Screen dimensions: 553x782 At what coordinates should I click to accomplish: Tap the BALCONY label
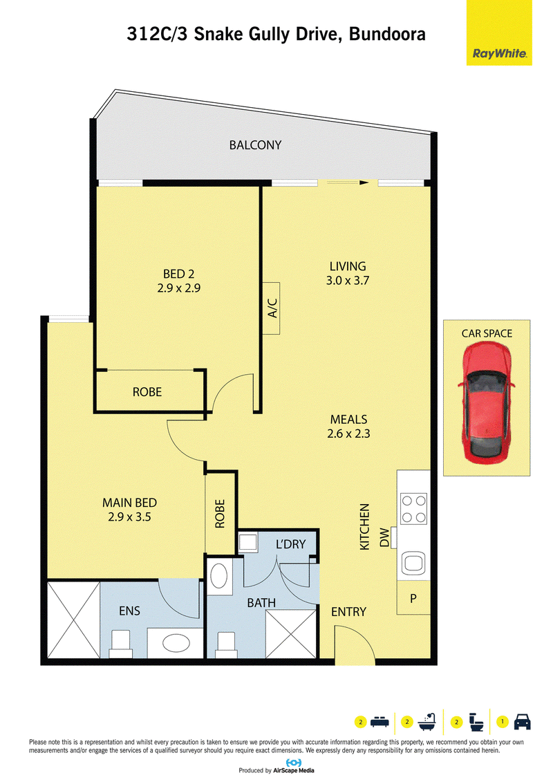click(x=255, y=145)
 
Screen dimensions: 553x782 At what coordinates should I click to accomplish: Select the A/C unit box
click(x=271, y=308)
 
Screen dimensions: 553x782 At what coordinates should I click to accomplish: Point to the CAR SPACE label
click(x=487, y=334)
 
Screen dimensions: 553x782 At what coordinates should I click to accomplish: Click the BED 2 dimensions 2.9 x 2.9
click(x=179, y=288)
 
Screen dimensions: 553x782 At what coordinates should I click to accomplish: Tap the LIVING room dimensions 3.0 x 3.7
click(x=348, y=280)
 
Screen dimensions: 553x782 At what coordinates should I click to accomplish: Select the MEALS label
click(x=348, y=420)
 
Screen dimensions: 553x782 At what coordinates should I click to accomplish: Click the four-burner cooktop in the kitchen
click(x=414, y=509)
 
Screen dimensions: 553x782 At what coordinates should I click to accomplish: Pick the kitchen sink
click(x=414, y=563)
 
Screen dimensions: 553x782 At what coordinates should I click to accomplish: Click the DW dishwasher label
click(x=384, y=538)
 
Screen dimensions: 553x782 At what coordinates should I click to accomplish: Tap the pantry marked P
click(x=413, y=597)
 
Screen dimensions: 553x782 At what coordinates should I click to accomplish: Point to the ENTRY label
click(x=348, y=612)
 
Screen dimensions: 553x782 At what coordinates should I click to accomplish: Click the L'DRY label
click(x=291, y=544)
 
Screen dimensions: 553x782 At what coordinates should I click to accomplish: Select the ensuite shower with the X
click(x=74, y=620)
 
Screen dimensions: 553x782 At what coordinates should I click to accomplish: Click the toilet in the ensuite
click(x=120, y=643)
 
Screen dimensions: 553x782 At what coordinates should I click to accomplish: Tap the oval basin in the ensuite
click(x=175, y=642)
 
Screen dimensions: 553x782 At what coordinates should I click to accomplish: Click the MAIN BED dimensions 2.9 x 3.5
click(x=130, y=516)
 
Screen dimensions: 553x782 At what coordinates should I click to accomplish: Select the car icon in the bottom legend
click(x=522, y=722)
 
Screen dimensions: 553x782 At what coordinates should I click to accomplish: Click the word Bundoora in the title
click(x=388, y=34)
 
